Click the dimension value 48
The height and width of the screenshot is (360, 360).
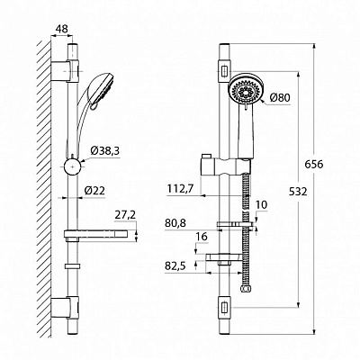tap(62, 29)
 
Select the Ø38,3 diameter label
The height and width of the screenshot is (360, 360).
tap(104, 151)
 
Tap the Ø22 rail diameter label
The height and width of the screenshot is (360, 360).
tap(94, 191)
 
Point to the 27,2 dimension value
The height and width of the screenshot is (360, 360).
tap(125, 215)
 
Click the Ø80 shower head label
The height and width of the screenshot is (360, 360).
tap(280, 97)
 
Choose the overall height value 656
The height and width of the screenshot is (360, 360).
tap(314, 165)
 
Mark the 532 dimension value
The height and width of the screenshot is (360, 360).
tap(298, 192)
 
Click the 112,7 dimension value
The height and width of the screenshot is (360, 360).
tap(181, 189)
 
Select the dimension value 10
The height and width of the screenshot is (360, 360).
tap(261, 205)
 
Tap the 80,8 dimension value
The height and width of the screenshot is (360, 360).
tap(175, 223)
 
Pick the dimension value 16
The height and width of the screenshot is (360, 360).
tap(202, 237)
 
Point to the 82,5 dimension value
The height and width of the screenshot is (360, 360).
tap(175, 265)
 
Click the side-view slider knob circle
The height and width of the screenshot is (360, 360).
tap(72, 166)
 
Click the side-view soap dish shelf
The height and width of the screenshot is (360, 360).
tap(95, 234)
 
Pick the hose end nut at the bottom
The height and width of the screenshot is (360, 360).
tap(246, 289)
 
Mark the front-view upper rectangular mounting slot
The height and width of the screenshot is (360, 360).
tap(224, 71)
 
